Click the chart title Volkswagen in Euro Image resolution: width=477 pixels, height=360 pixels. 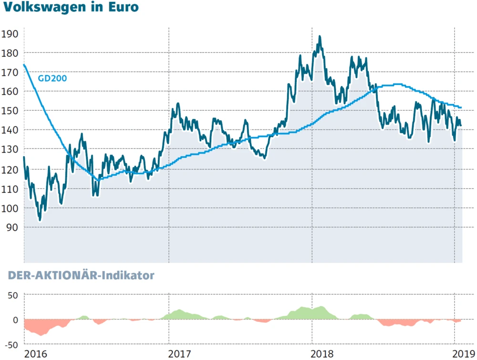pyautogui.click(x=70, y=9)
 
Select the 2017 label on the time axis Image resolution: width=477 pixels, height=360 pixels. pyautogui.click(x=180, y=354)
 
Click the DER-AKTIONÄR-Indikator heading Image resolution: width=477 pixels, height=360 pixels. pyautogui.click(x=81, y=275)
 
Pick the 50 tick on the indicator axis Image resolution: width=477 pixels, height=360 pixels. pyautogui.click(x=12, y=295)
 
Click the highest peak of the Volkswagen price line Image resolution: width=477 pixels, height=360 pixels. pyautogui.click(x=320, y=36)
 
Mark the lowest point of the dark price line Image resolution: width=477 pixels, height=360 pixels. pyautogui.click(x=40, y=220)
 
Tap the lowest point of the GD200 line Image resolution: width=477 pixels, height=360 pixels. pyautogui.click(x=98, y=180)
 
